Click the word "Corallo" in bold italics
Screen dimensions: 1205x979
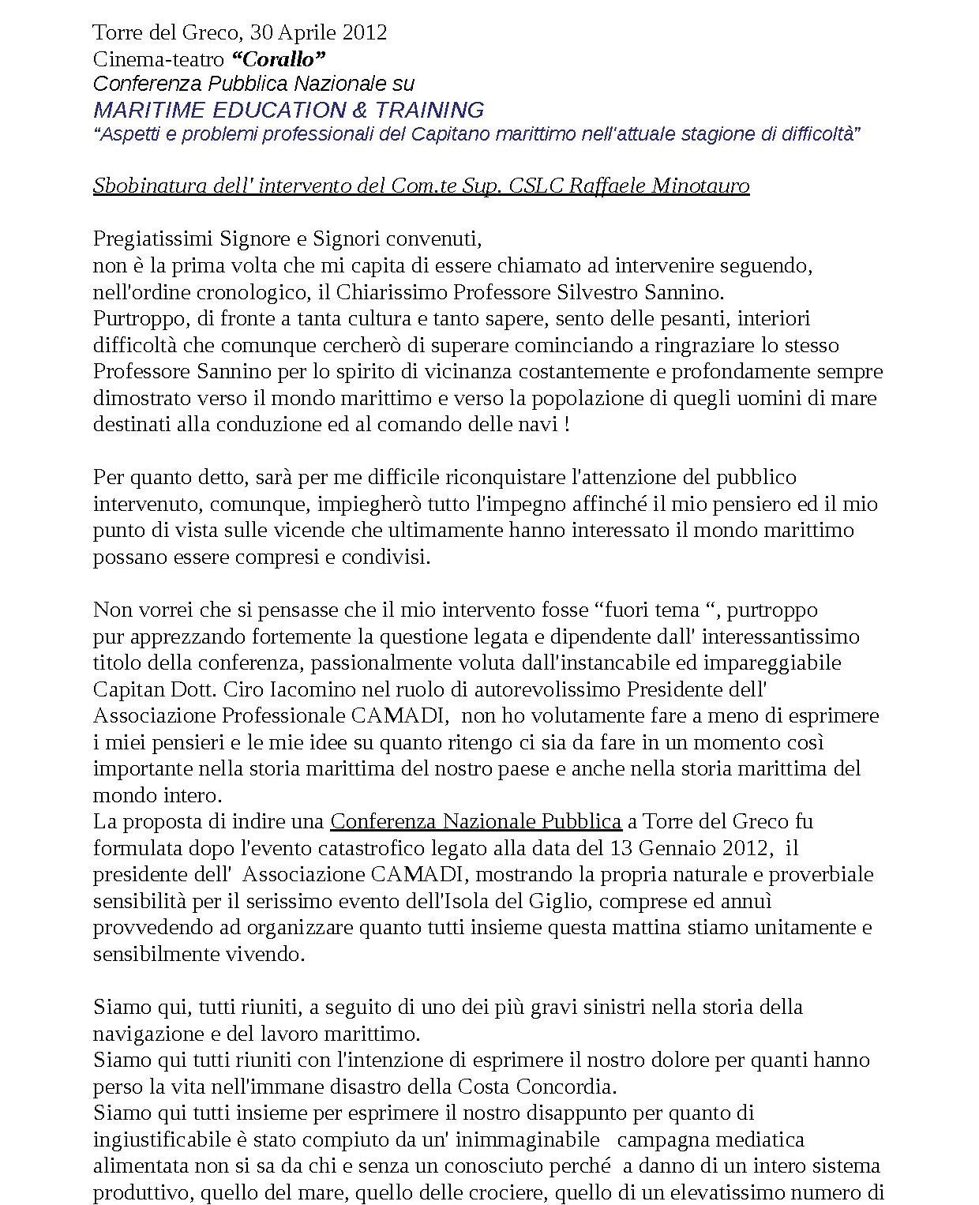coord(279,59)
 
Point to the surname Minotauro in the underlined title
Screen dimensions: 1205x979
coord(700,186)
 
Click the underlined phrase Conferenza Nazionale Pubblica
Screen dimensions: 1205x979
coord(475,821)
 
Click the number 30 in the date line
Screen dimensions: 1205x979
coord(261,32)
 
